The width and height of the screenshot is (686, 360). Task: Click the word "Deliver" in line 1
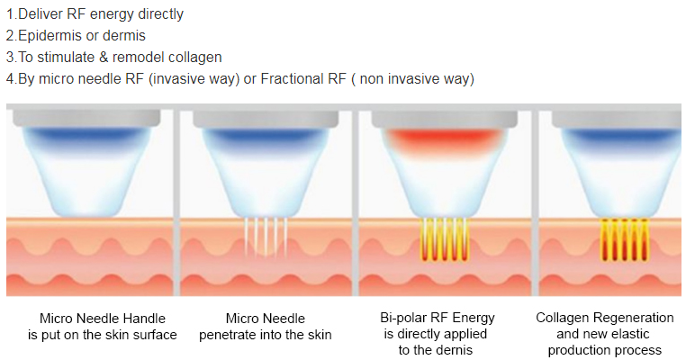[41, 14]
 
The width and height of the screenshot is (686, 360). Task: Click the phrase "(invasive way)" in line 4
[194, 79]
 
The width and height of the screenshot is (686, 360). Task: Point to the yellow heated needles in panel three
[444, 239]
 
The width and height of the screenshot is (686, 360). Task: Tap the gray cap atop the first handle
[86, 118]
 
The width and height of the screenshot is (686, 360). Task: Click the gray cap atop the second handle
[266, 119]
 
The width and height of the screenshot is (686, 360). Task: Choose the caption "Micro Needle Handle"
[103, 319]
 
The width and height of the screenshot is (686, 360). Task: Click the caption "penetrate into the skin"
[265, 335]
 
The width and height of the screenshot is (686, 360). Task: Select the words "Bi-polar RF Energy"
[437, 318]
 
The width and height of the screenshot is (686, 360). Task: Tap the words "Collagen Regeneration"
[605, 318]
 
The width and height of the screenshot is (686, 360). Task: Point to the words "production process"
[605, 350]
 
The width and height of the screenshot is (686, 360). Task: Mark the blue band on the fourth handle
[621, 135]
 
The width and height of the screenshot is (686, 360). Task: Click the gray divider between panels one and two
[176, 202]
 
